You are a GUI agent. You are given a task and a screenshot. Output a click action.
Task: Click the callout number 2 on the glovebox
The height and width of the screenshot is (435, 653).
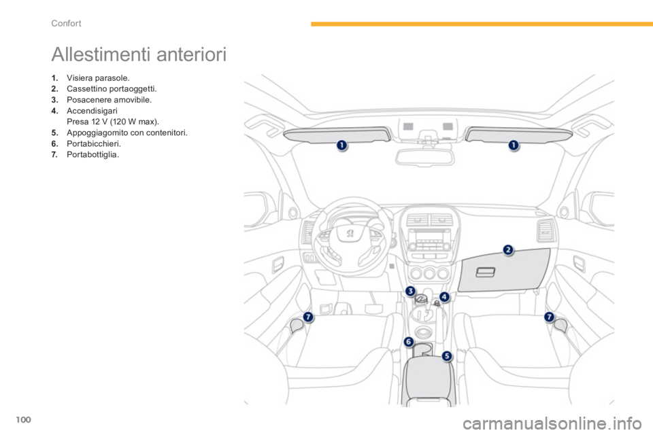coord(508,249)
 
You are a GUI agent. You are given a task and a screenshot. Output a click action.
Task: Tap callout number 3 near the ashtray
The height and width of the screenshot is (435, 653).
coord(411,291)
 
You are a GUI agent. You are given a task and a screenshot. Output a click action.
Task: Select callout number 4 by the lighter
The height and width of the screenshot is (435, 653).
coord(445,297)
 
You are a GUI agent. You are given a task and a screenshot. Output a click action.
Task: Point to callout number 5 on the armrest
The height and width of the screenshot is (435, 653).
coord(447,356)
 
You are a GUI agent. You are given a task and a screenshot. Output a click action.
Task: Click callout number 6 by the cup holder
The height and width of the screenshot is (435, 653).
coord(409,342)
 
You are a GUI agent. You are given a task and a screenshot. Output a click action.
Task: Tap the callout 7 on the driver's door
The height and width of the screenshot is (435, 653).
coord(307,317)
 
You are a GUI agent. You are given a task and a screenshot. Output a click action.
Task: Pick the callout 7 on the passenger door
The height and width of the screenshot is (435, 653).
coord(550,317)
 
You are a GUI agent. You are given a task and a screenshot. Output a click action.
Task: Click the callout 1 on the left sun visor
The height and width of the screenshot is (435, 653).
coord(342,145)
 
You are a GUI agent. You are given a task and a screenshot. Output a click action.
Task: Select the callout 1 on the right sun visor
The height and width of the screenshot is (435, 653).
coord(514,145)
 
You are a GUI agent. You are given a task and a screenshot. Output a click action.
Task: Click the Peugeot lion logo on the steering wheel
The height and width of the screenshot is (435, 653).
coord(350,233)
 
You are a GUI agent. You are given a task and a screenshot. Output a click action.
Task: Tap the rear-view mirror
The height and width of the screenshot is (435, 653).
coord(424,158)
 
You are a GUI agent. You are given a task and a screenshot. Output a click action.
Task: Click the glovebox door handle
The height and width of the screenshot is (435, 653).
coord(485,273)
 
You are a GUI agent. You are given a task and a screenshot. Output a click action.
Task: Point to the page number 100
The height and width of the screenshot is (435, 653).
coord(23,419)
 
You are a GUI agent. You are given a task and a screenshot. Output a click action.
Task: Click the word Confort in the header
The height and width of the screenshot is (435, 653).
coord(66,23)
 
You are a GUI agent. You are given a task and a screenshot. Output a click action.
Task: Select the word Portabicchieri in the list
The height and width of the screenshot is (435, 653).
coord(94,143)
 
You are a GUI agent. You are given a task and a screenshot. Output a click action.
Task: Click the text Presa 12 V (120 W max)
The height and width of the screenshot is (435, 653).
coord(113,122)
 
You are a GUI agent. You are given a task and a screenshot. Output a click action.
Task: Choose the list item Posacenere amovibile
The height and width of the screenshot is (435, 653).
coord(109,99)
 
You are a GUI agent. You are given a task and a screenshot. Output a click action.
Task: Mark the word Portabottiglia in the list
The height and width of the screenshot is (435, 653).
coord(93,155)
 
